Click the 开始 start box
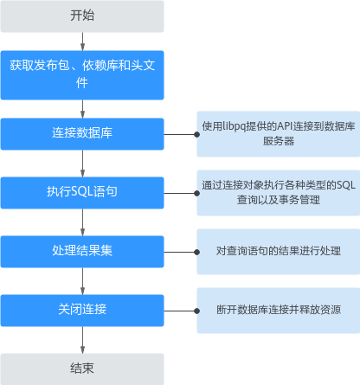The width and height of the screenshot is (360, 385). [x=82, y=16]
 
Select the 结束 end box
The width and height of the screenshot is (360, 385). [x=82, y=369]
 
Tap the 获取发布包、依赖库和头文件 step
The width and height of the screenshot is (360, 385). [x=82, y=75]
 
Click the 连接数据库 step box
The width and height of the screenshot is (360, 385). [x=82, y=134]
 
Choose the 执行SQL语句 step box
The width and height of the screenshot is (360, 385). [x=82, y=193]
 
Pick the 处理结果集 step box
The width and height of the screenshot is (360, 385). [x=82, y=252]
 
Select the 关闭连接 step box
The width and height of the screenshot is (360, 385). [x=82, y=311]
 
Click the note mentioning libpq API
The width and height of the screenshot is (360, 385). [x=279, y=134]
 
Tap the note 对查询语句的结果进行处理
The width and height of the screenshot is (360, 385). [x=279, y=252]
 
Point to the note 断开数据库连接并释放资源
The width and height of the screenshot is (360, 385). [x=279, y=311]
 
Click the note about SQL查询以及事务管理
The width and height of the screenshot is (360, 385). [x=279, y=193]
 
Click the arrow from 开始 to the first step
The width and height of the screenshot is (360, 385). [x=82, y=42]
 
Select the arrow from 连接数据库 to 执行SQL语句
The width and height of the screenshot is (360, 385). [x=82, y=164]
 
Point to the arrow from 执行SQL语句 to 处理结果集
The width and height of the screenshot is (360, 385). [x=82, y=222]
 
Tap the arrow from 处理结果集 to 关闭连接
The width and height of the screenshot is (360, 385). [x=82, y=281]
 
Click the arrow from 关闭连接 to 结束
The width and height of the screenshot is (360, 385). [x=82, y=340]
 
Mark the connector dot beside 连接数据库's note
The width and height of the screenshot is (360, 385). [x=197, y=134]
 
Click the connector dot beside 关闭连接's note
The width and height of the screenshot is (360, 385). [x=197, y=311]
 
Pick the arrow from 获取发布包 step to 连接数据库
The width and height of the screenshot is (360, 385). [x=82, y=109]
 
